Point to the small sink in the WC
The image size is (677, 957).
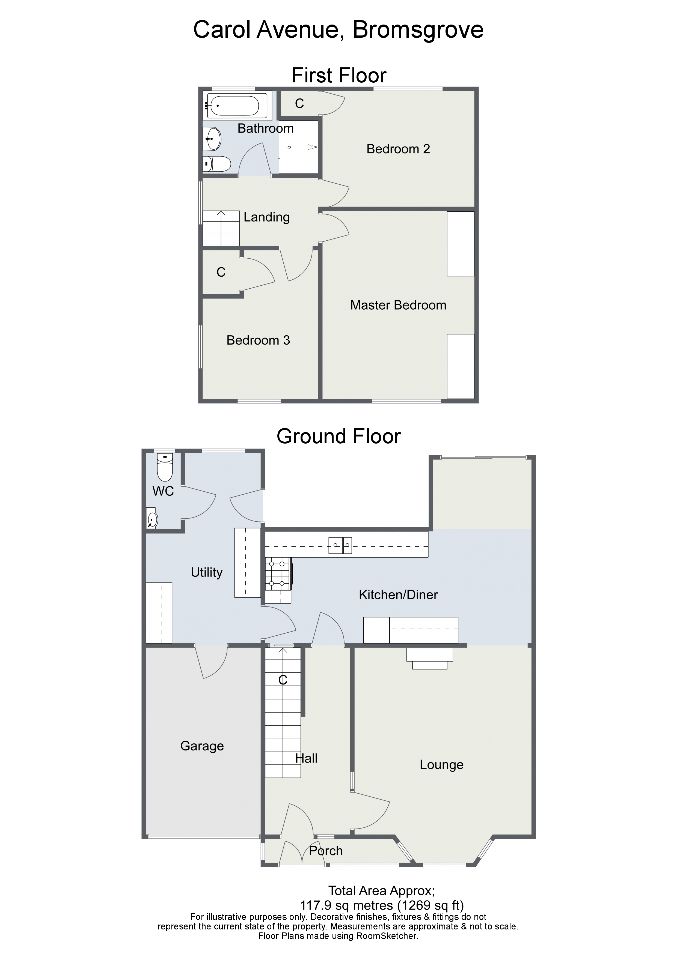coord(152,519)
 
